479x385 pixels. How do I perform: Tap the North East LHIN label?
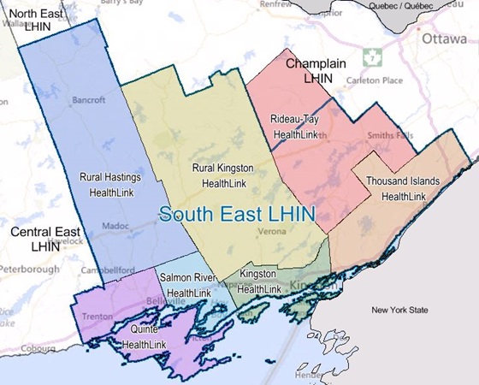tap(37, 20)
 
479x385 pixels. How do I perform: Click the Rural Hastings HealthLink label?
tap(110, 185)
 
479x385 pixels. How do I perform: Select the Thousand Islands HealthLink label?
tap(403, 189)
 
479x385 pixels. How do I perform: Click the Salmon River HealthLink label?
tap(189, 285)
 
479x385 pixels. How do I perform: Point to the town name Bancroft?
tap(89, 100)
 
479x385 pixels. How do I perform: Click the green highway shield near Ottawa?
tap(370, 57)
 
